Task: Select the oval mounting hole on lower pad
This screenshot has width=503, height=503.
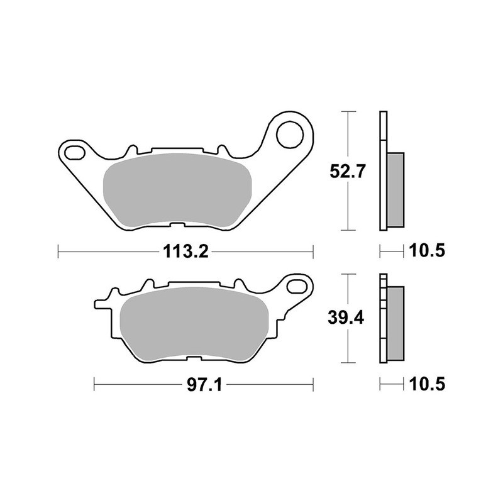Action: tap(296, 286)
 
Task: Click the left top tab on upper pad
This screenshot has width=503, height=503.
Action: tap(131, 152)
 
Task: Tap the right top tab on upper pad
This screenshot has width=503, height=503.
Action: tap(222, 152)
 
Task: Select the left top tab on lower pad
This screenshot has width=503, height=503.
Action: tap(150, 285)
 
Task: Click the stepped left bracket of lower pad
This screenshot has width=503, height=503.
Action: tap(104, 304)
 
